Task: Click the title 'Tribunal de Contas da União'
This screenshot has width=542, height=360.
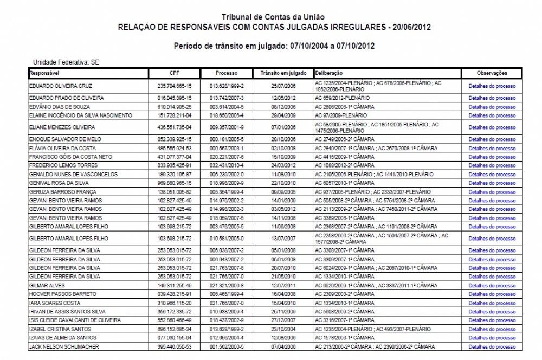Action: (275, 18)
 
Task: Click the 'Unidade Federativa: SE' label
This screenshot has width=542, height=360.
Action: (67, 63)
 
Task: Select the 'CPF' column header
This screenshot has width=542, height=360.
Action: (175, 73)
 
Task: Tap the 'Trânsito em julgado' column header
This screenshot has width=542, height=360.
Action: (283, 73)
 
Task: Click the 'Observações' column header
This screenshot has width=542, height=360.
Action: (492, 73)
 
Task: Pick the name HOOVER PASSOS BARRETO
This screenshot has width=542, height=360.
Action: (55, 294)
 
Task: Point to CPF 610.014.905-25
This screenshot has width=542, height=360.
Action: (175, 107)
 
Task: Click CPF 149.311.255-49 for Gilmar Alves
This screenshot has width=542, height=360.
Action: (175, 285)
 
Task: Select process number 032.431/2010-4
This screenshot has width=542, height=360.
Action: (227, 165)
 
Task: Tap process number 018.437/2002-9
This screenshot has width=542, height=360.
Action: (227, 320)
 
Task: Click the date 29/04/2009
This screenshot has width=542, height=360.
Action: (283, 115)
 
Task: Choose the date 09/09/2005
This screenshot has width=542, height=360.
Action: (283, 192)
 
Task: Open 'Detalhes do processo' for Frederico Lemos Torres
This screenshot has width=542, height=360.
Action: (492, 165)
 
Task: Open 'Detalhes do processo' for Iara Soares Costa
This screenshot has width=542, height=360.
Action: (492, 303)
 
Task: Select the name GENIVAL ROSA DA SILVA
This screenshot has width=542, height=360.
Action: (56, 183)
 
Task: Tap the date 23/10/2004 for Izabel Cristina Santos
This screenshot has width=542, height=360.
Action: (283, 329)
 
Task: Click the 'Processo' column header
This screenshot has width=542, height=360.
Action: (227, 73)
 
